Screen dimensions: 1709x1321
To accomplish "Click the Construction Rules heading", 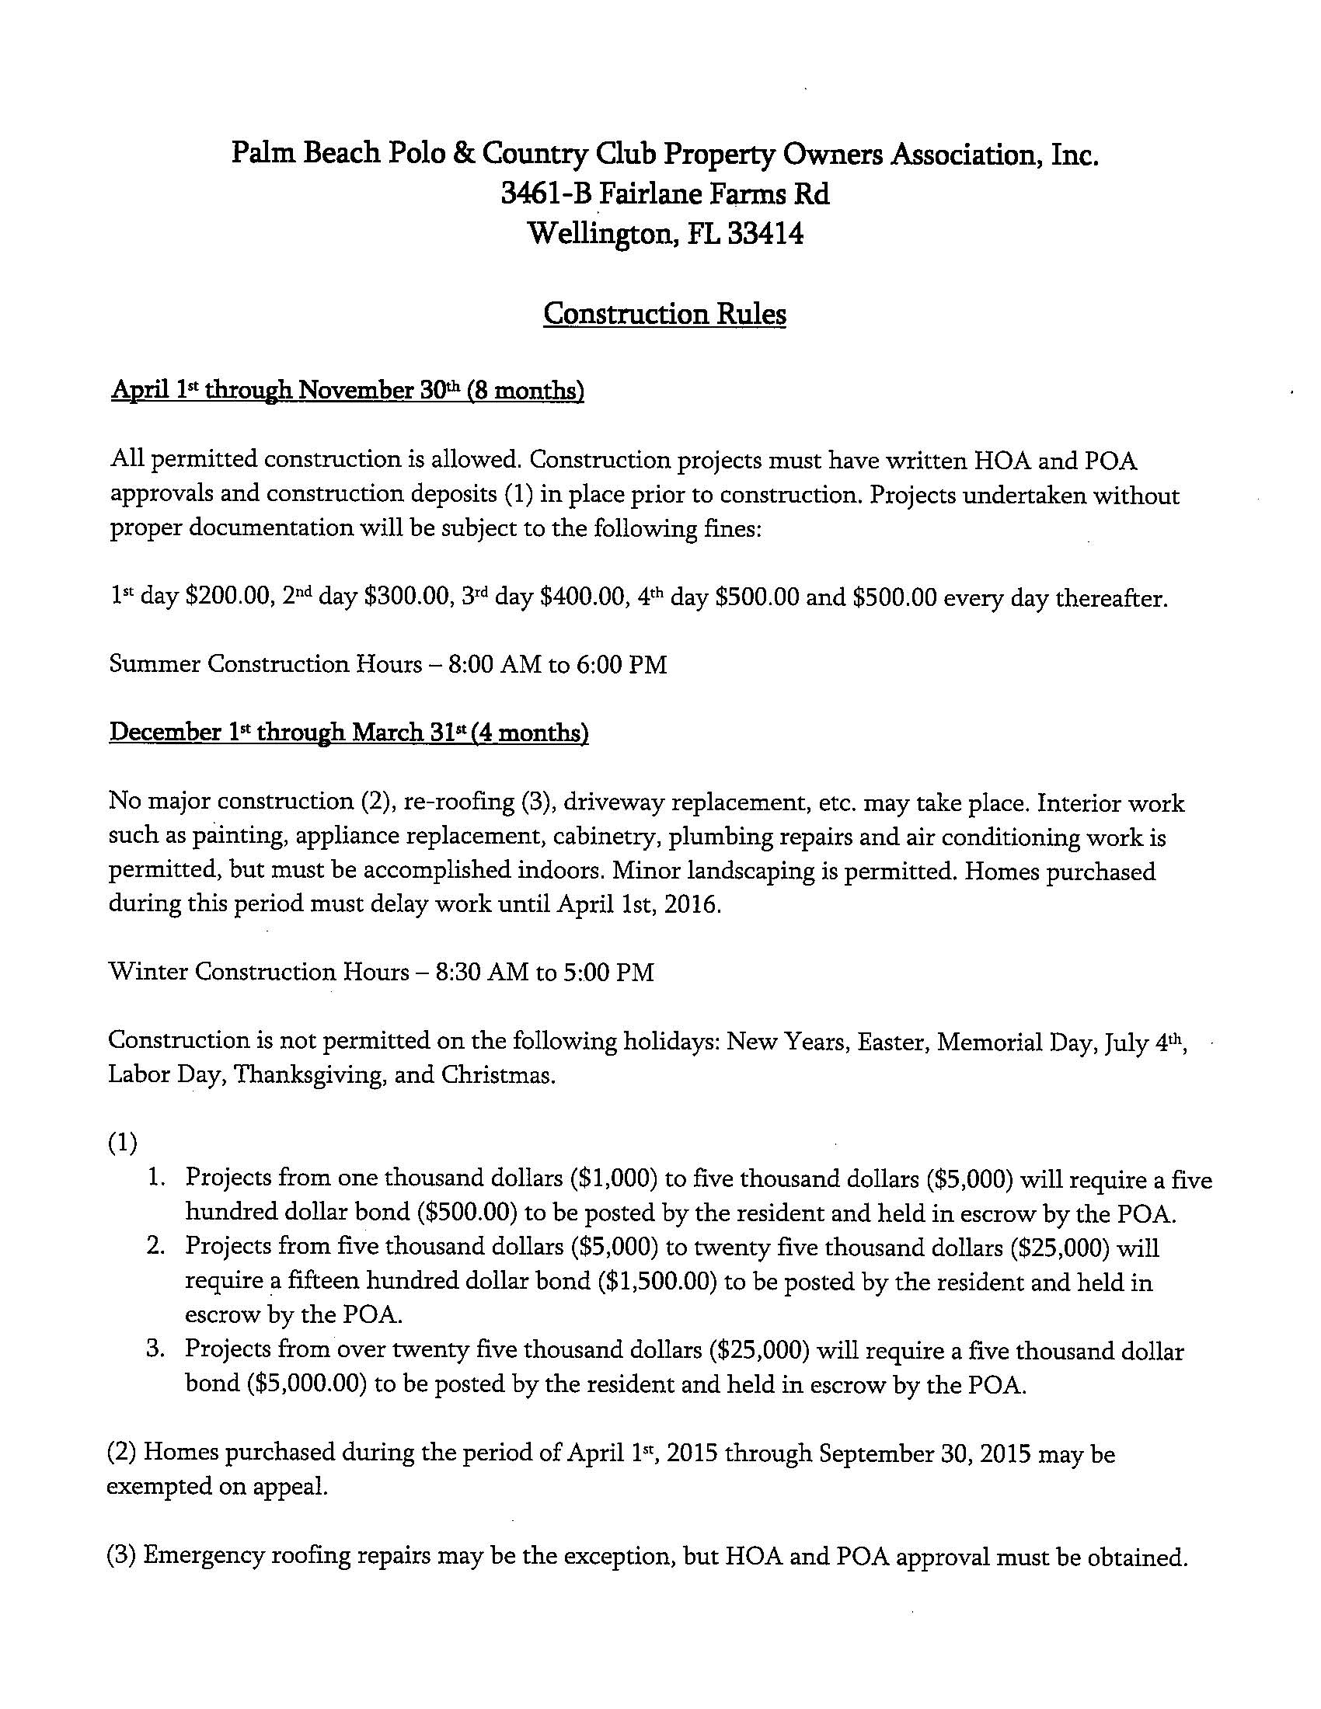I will point(664,315).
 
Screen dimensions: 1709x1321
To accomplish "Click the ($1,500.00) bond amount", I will point(657,1283).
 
